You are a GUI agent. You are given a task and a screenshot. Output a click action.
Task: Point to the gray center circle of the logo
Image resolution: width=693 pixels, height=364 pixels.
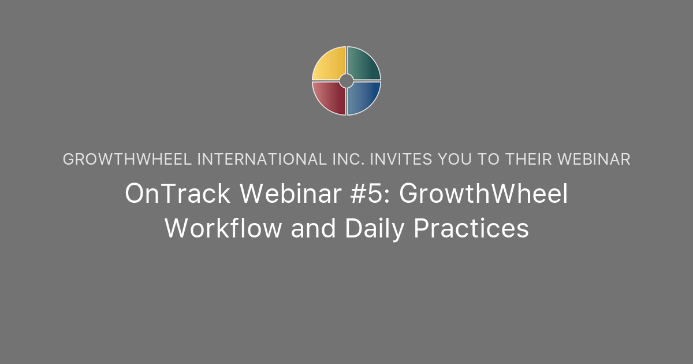coord(346,81)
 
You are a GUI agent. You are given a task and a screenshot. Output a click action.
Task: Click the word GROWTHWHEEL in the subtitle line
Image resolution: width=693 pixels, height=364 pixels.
coord(128,159)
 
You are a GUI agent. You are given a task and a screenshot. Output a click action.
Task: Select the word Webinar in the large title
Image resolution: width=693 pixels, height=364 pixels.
coord(278,195)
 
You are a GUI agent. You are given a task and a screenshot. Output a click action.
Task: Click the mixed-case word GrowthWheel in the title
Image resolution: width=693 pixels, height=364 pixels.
coord(484,195)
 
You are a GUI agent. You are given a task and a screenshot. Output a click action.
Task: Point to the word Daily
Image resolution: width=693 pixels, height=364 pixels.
coord(375,228)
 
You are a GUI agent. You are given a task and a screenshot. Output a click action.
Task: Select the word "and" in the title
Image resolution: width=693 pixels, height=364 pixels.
coord(314,228)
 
